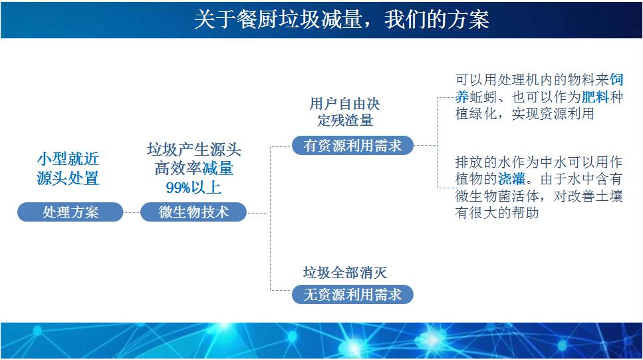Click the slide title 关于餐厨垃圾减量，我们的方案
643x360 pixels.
pos(341,19)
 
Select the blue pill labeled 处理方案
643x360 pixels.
pos(70,212)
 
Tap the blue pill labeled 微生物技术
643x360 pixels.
pos(193,212)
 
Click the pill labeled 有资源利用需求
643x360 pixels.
pos(352,146)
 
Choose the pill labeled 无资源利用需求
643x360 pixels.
pos(352,295)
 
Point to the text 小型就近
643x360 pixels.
pos(68,160)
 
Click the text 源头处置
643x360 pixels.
pos(68,178)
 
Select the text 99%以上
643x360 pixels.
pos(193,188)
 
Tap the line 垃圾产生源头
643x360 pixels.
pos(193,150)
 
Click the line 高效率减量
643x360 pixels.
pos(193,169)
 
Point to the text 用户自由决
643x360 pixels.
pos(345,104)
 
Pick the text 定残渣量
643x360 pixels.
pos(345,120)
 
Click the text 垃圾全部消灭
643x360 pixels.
pos(345,272)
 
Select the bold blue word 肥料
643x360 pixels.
pos(595,97)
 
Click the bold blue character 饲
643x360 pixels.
pos(616,80)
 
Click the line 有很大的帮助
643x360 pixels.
pos(497,213)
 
